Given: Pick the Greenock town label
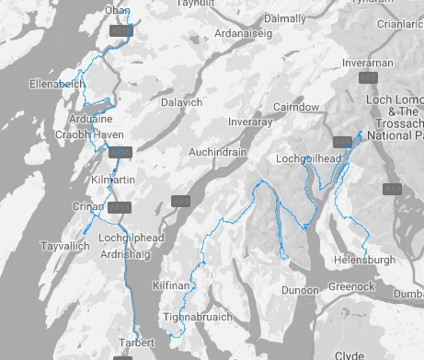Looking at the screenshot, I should click(351, 287).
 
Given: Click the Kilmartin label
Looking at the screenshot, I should click(90, 173).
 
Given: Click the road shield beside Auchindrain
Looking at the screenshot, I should click(180, 201).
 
